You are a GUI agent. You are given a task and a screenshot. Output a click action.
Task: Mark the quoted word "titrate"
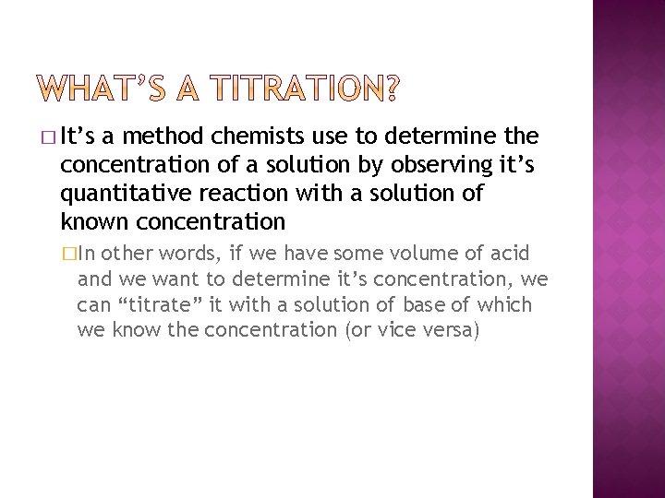[x=156, y=304]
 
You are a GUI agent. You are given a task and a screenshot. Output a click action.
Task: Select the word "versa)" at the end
[x=450, y=329]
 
